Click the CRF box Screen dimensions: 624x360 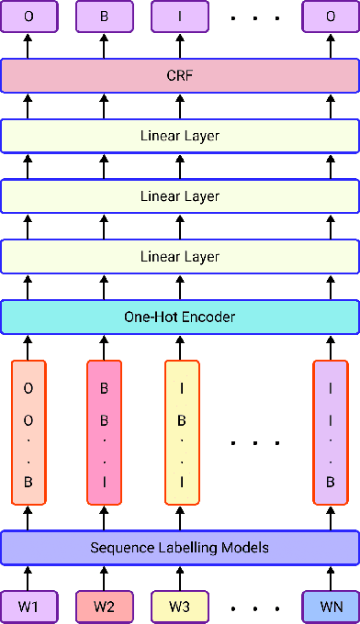point(180,75)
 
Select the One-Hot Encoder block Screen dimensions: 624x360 point(180,318)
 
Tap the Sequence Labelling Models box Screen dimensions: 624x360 point(180,548)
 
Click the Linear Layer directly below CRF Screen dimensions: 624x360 point(180,136)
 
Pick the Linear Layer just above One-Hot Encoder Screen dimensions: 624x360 point(180,257)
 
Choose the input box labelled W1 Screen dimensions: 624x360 point(28,607)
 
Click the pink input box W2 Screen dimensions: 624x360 point(104,607)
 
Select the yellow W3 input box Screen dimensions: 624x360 point(181,607)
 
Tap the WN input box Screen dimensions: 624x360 point(330,607)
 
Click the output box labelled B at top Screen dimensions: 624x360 point(104,16)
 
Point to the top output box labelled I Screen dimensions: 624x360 point(180,16)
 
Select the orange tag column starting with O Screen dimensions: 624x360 point(28,432)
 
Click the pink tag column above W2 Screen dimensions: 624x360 point(104,432)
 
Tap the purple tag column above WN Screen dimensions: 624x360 point(330,432)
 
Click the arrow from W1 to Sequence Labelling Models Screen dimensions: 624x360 point(28,577)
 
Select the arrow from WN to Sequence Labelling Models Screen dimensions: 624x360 point(330,577)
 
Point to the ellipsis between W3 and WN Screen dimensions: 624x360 point(255,607)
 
